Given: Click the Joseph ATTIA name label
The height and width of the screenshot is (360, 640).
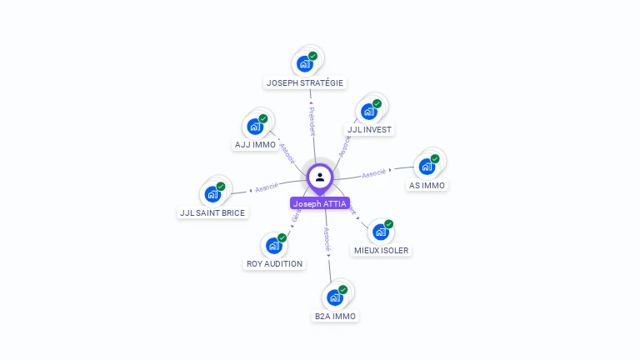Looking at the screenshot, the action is (320, 203).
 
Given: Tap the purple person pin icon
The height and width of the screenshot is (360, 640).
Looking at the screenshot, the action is (320, 177).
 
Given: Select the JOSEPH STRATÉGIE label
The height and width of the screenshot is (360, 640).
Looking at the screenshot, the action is (305, 82).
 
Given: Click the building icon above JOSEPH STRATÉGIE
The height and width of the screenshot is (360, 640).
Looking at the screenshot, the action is (306, 63).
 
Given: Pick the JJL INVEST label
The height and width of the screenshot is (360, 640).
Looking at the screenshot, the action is (369, 130).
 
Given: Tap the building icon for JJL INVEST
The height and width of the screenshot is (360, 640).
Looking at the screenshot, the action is (370, 111).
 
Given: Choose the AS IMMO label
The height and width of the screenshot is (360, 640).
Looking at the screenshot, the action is (427, 185).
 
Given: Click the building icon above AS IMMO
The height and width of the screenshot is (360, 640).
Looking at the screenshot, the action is (427, 166).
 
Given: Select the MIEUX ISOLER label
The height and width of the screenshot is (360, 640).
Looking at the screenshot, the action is (382, 250).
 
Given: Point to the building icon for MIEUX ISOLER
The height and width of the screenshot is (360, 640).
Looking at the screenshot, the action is (382, 231).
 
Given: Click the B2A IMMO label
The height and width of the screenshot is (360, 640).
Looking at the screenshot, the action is (335, 317).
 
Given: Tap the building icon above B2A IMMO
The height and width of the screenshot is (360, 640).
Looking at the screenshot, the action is (336, 297).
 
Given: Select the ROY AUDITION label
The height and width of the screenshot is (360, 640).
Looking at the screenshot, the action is (275, 264).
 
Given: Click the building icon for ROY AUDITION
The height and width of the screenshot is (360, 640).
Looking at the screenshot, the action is (275, 245).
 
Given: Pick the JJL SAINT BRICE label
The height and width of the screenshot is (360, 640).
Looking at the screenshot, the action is (212, 213).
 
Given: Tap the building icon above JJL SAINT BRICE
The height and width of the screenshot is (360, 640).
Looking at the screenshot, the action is (213, 194).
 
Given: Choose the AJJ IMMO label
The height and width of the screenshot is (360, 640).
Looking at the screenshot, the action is (255, 145).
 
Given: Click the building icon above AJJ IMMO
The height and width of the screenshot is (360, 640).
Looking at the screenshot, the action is (255, 126).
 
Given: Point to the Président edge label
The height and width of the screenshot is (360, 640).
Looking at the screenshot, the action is (312, 121).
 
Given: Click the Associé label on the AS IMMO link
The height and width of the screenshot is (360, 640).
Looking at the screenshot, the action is (375, 172).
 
